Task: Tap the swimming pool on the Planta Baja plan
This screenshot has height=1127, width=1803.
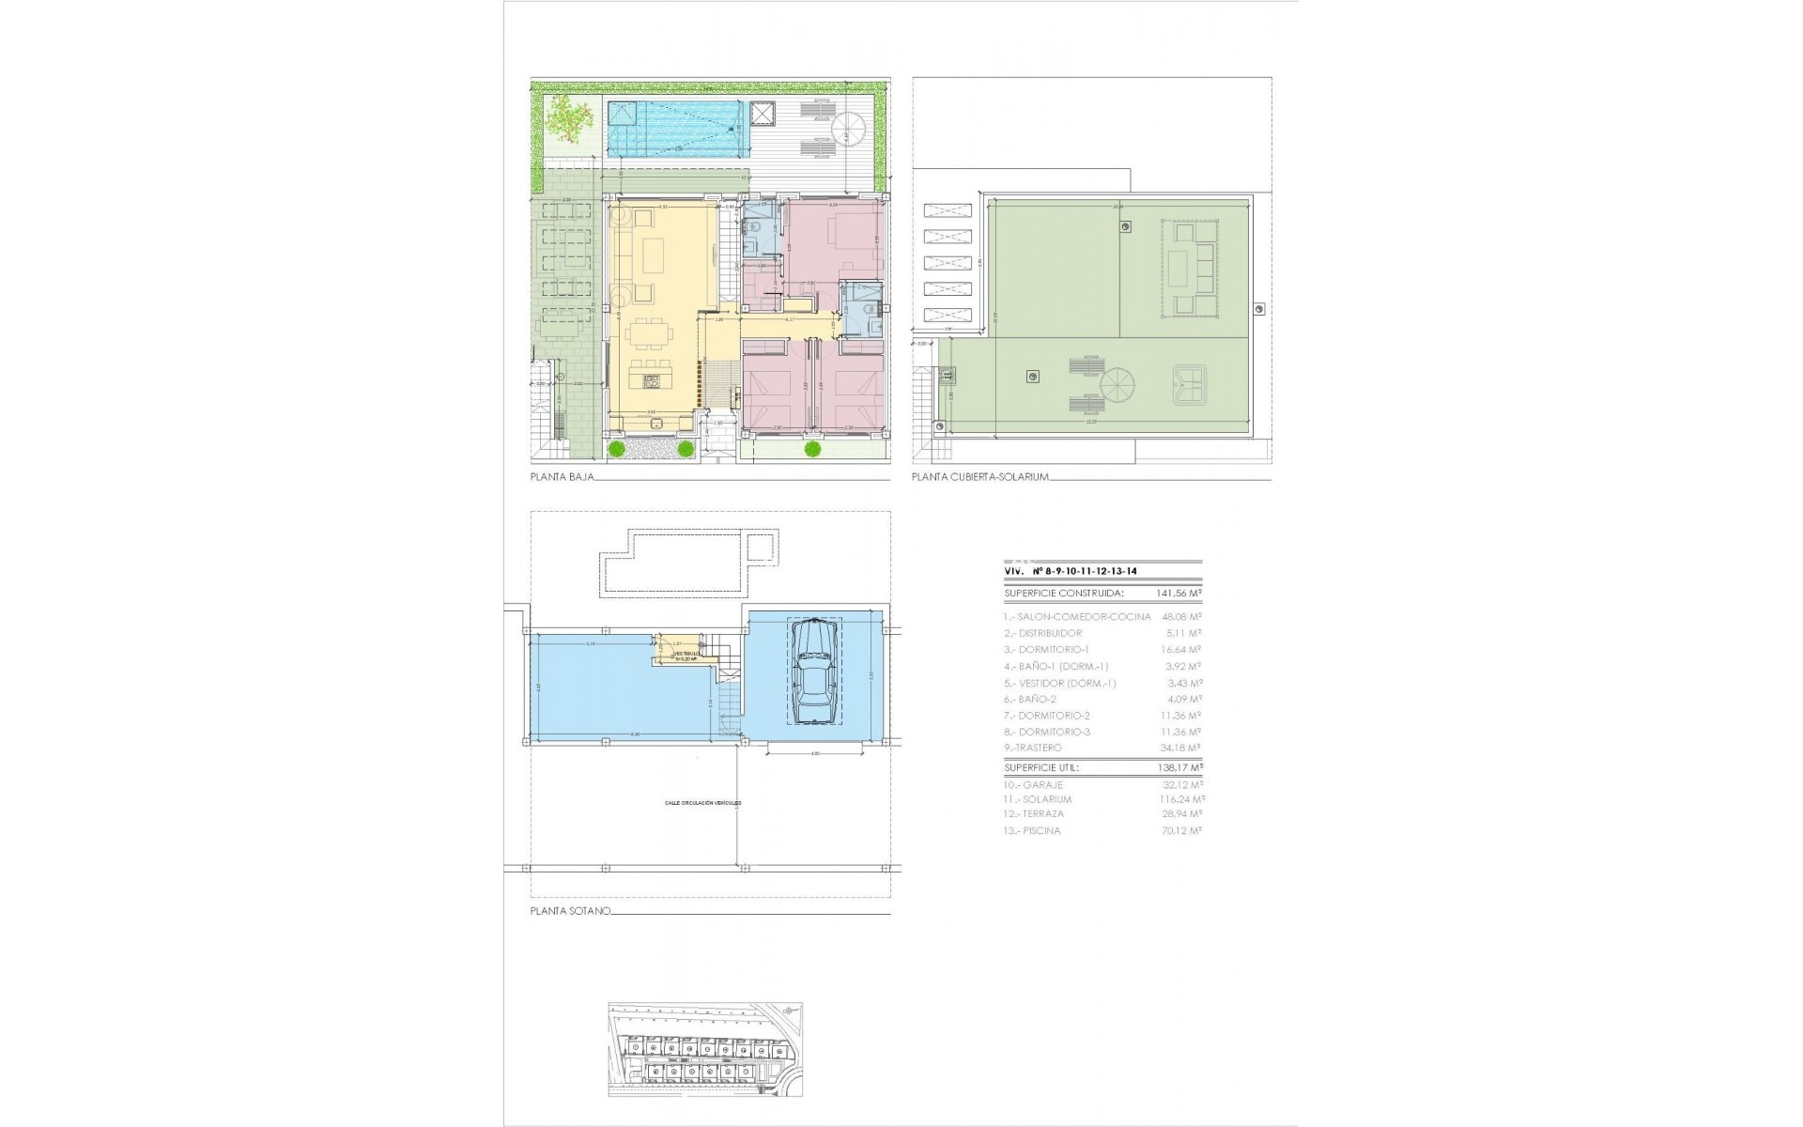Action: tap(674, 129)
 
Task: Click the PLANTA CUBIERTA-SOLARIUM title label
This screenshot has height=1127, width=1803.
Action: tap(979, 478)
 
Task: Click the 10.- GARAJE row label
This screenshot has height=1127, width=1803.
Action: tap(1033, 784)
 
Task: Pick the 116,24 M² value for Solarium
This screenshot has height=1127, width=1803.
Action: tap(1181, 799)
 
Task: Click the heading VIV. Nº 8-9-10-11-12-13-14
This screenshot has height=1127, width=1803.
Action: tap(1071, 570)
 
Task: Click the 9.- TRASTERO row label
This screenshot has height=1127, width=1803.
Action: tap(1033, 748)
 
